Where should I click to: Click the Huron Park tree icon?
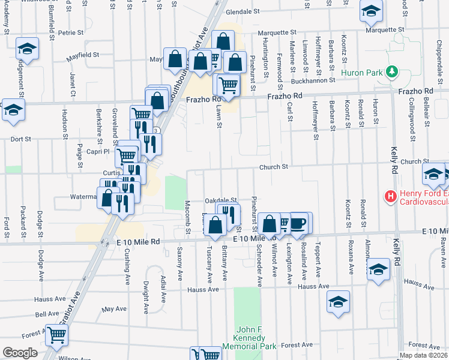point(393,73)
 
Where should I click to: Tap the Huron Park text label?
point(362,73)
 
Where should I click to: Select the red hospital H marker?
point(391,196)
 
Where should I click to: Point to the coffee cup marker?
point(298,223)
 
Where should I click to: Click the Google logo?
point(19,353)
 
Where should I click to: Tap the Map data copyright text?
point(423,355)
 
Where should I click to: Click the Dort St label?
point(20,139)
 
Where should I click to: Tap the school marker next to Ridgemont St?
point(27,49)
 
